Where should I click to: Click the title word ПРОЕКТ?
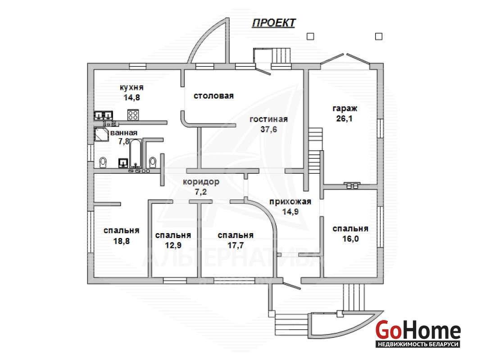[273, 23]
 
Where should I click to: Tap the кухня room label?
[132, 87]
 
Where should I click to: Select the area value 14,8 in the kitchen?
[132, 97]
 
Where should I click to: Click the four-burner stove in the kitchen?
[133, 115]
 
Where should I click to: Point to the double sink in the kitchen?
[103, 116]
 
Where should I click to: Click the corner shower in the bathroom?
[101, 134]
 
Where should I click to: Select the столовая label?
[214, 95]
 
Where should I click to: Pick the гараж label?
[345, 109]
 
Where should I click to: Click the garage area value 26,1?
[345, 118]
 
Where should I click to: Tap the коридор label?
[201, 182]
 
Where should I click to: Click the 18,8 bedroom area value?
[121, 240]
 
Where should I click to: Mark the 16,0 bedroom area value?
[350, 238]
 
